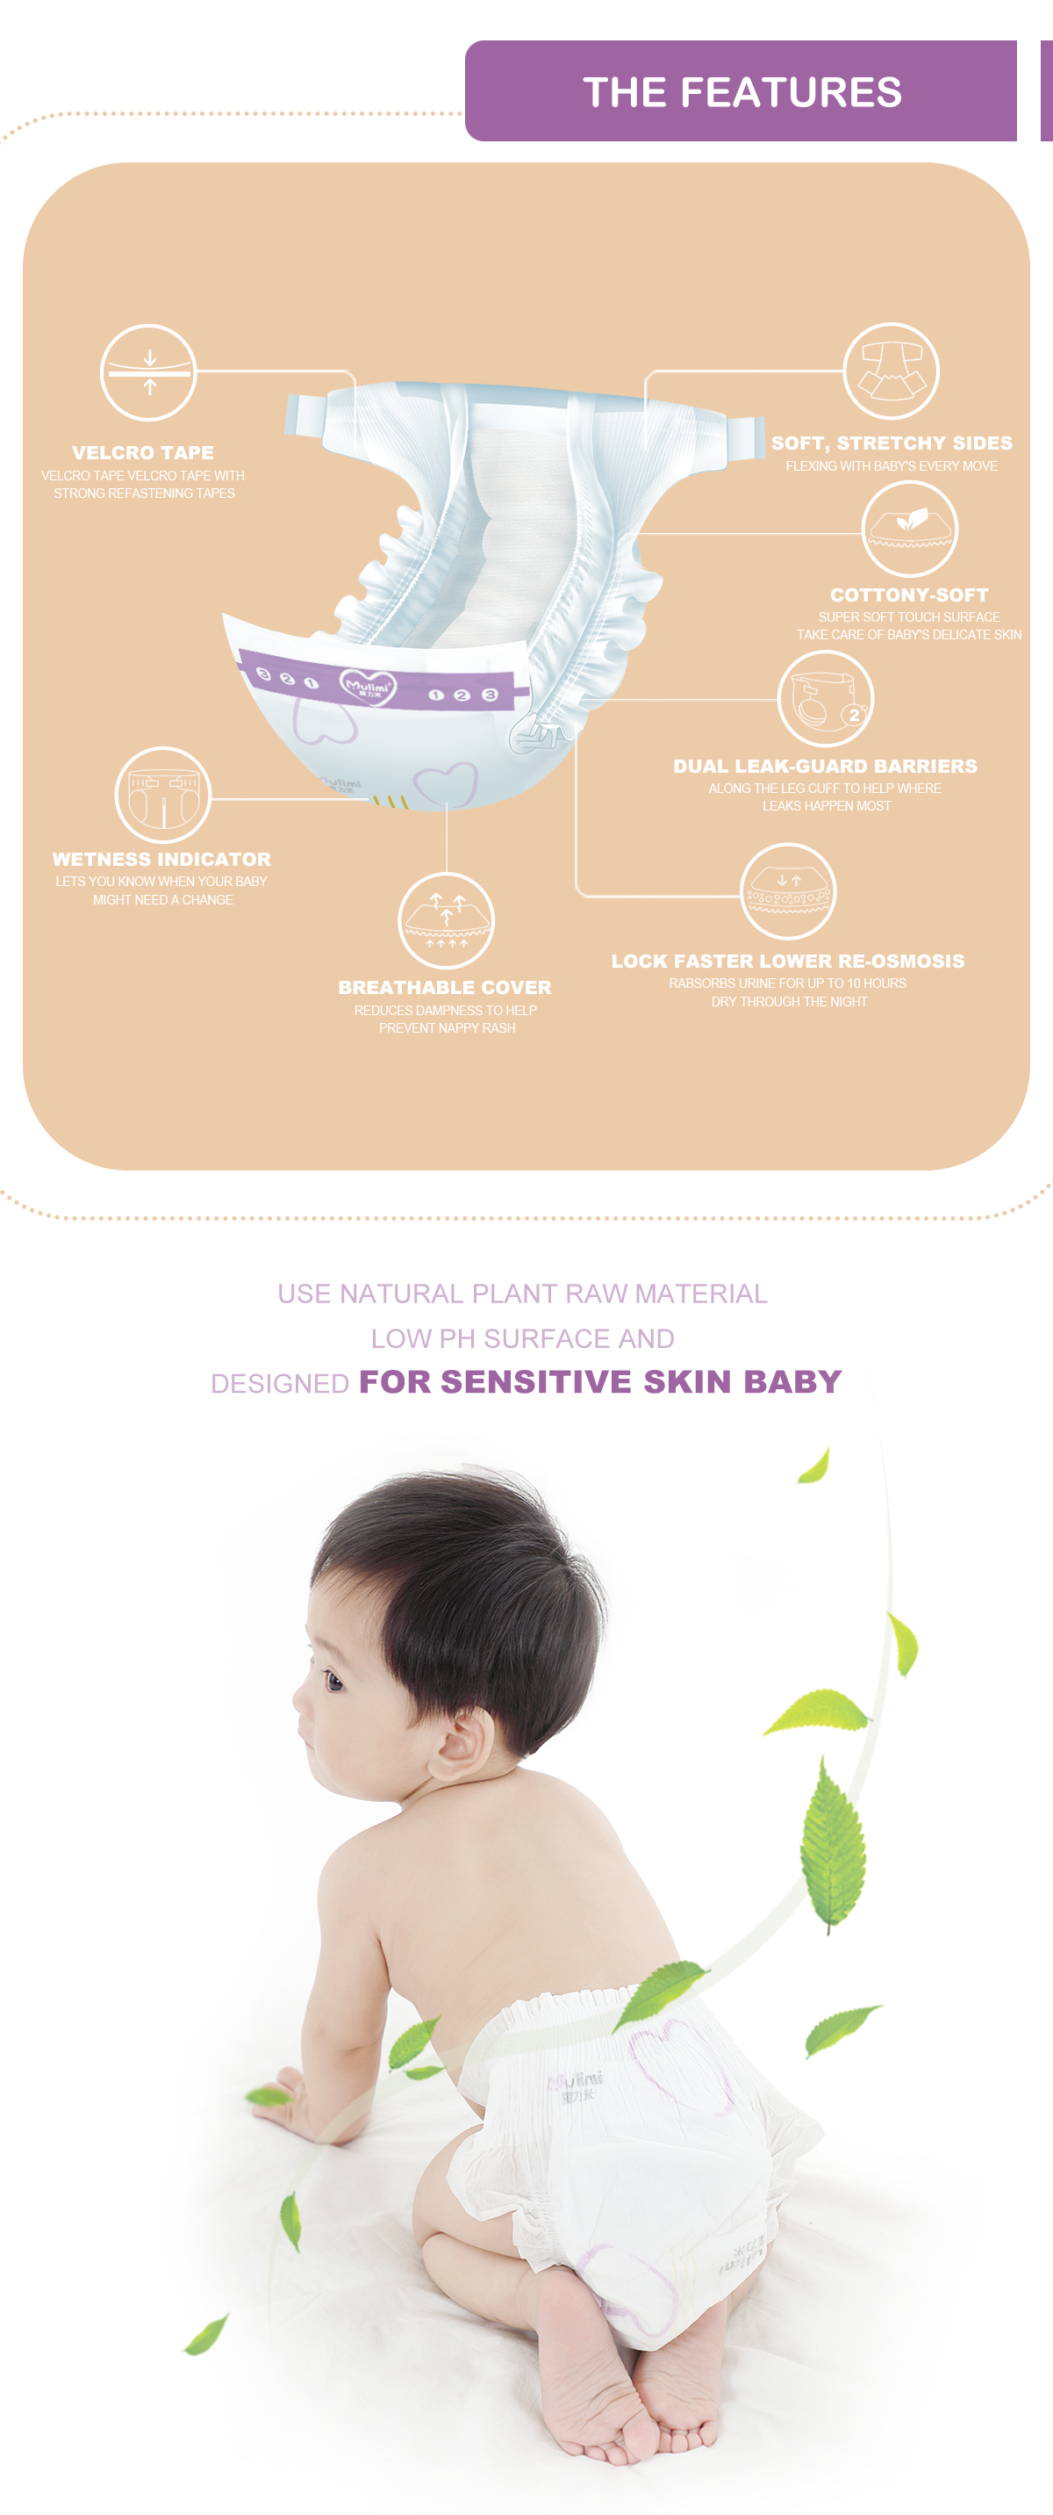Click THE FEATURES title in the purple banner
[x=741, y=92]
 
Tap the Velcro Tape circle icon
[x=148, y=372]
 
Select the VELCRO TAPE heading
[x=142, y=453]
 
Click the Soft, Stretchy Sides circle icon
[x=890, y=371]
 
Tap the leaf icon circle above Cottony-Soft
[x=910, y=528]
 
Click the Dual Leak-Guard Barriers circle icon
[x=826, y=699]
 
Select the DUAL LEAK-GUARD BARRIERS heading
[x=825, y=767]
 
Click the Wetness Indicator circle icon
[x=163, y=795]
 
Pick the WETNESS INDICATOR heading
[x=162, y=859]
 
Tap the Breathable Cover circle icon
[x=446, y=920]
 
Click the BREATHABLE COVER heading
[x=445, y=987]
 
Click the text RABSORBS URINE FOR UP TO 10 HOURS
[x=787, y=984]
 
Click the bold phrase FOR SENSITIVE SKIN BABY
[x=600, y=1381]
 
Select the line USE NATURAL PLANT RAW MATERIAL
[x=522, y=1294]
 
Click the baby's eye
[x=333, y=1682]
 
